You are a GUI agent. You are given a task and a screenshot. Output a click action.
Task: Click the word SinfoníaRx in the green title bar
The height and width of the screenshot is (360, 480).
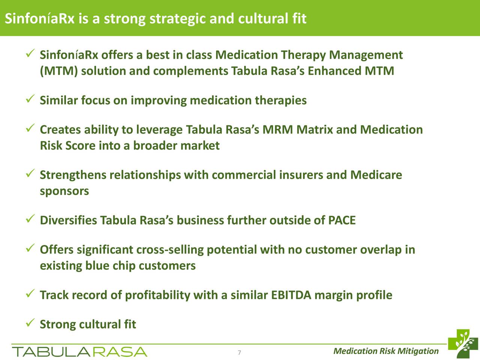(x=40, y=18)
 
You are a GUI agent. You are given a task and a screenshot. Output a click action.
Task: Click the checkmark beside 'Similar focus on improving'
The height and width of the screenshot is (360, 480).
(x=30, y=99)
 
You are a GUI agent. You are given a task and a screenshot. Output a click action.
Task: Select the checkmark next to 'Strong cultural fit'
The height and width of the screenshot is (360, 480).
(x=30, y=322)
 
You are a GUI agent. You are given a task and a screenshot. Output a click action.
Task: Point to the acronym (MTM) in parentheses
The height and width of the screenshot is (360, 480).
(x=59, y=71)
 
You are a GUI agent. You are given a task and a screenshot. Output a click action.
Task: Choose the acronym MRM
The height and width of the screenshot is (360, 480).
(x=277, y=129)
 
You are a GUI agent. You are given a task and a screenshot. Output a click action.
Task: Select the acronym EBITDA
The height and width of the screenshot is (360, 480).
(x=291, y=295)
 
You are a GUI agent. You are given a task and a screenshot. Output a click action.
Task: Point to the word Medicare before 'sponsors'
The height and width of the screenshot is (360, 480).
(x=376, y=175)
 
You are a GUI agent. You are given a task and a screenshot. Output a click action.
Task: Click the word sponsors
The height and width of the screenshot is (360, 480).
(x=64, y=191)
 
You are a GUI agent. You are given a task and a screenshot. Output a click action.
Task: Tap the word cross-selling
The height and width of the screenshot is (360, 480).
(x=170, y=250)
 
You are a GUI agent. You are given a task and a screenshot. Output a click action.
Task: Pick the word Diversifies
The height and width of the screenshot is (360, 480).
(x=69, y=220)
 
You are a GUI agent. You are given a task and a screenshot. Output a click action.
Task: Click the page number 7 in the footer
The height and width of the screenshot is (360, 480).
(x=240, y=352)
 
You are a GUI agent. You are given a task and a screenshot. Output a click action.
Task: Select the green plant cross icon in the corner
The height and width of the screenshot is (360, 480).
(x=463, y=343)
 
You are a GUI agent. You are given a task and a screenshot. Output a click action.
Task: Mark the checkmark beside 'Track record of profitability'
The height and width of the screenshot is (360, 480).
(x=30, y=294)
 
